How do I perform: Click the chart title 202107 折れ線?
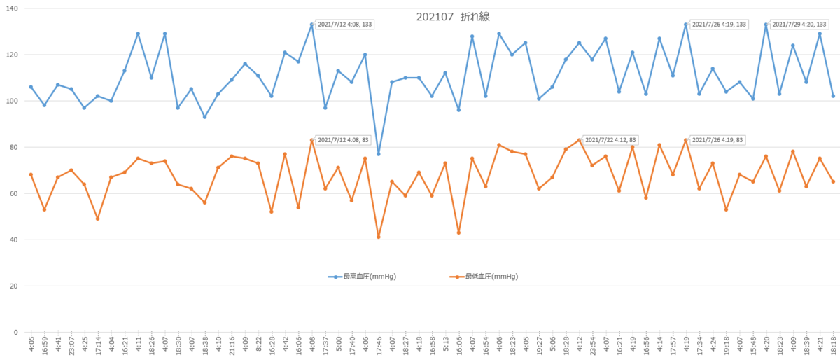[453, 17]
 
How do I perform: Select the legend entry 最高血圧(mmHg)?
[363, 277]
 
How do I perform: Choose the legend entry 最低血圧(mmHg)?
[484, 277]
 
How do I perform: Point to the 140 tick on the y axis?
[12, 8]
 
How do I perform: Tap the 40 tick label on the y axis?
[13, 240]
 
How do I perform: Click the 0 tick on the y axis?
[15, 332]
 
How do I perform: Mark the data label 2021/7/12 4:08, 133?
[344, 25]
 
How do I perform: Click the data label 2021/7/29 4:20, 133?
[799, 25]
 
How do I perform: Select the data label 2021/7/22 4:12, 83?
[610, 140]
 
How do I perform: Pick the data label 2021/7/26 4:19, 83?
[717, 140]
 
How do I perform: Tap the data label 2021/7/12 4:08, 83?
[343, 140]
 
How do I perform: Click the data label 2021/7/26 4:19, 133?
[719, 25]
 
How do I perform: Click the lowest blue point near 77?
[379, 154]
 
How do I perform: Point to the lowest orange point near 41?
[379, 237]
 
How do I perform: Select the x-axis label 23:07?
[71, 345]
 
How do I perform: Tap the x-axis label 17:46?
[379, 345]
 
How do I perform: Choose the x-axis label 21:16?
[232, 345]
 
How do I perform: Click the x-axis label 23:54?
[592, 345]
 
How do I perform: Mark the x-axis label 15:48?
[753, 345]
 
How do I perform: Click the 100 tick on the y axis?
[12, 101]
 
